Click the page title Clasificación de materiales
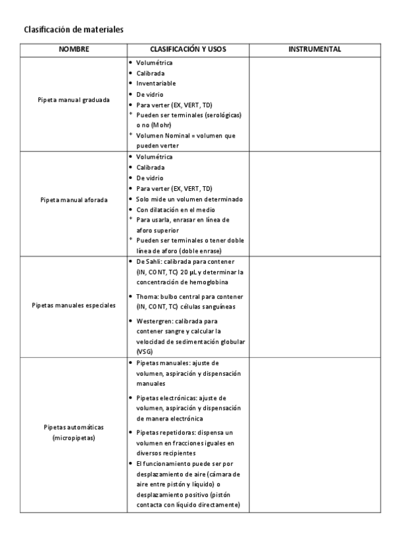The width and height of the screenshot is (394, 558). tap(74, 30)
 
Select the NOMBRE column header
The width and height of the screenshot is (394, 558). tap(74, 49)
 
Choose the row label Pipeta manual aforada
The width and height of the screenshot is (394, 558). tap(74, 199)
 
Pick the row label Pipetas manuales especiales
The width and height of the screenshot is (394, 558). tap(74, 305)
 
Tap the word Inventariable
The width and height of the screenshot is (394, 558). tap(157, 84)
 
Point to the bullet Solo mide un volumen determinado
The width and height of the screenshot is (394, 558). tap(189, 199)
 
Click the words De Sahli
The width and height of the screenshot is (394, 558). tap(149, 261)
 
